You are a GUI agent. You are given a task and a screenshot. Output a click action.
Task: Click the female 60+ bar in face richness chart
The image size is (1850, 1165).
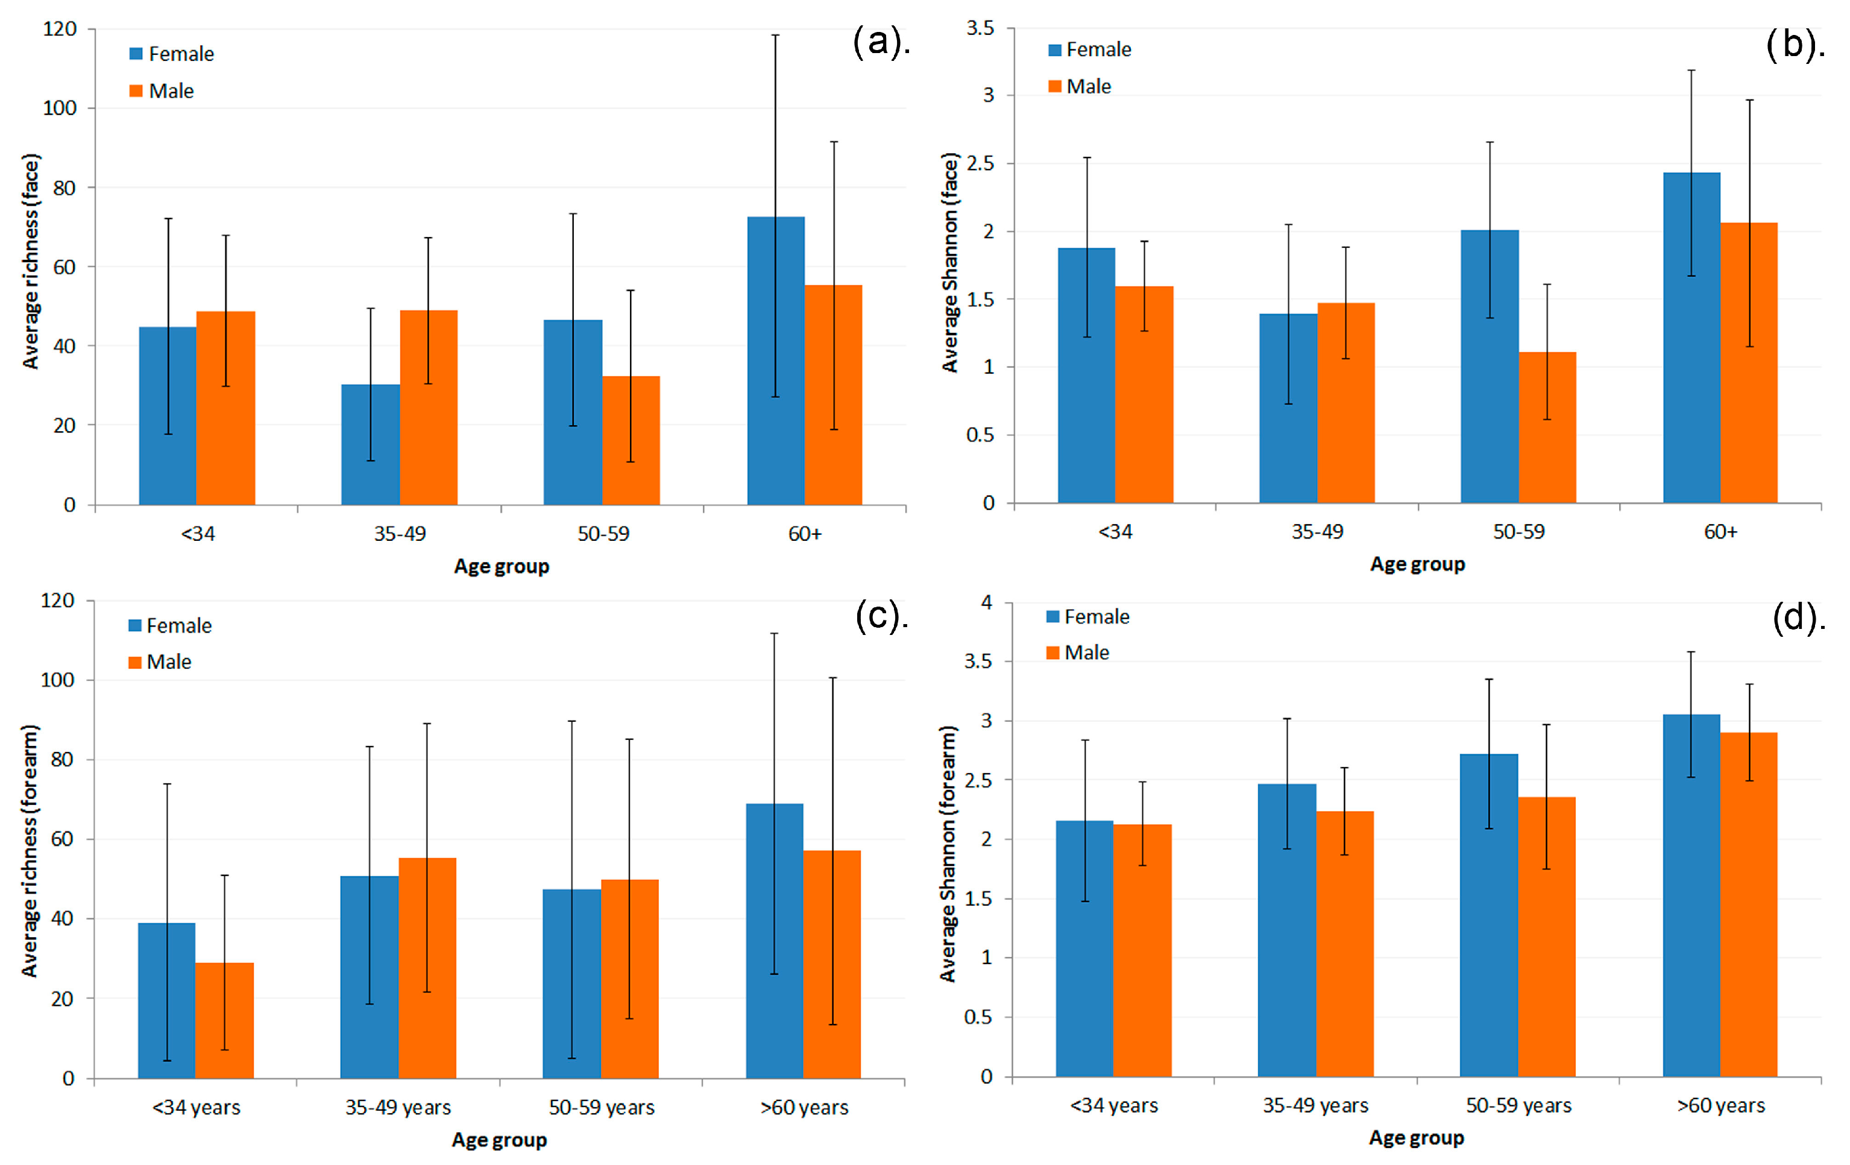(x=776, y=361)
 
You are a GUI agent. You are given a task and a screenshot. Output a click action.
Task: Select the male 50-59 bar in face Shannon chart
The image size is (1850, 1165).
(x=1547, y=428)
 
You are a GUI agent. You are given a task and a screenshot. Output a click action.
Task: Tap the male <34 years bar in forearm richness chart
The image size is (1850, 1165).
(x=224, y=1020)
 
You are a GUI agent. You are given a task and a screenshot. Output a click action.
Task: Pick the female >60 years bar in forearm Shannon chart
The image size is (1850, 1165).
(x=1691, y=895)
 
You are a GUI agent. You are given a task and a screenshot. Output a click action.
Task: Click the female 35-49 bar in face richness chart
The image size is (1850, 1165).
(x=371, y=444)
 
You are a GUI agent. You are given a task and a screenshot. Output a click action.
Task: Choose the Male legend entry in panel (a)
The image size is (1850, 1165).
(x=162, y=90)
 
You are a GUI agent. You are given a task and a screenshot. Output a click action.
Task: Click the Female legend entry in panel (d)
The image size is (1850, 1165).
(x=1088, y=616)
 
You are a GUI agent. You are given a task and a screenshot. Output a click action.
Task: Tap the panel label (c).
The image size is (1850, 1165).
(x=881, y=616)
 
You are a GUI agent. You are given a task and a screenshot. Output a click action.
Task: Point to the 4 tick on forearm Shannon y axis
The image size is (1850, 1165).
(x=986, y=602)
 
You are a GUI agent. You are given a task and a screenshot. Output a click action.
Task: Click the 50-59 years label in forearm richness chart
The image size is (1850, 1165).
(x=602, y=1107)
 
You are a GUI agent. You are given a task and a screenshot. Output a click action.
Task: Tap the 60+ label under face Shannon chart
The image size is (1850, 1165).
(x=1721, y=532)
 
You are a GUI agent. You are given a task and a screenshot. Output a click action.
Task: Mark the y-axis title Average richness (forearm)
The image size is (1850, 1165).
(x=29, y=851)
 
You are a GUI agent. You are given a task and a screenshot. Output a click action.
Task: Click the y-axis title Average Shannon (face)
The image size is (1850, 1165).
(x=951, y=263)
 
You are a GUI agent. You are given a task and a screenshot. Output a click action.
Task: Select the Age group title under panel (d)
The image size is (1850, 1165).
(x=1417, y=1138)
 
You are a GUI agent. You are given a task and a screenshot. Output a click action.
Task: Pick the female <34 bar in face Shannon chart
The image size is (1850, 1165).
(x=1086, y=375)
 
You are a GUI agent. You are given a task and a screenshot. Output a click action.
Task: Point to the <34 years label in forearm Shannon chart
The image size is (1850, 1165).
(x=1114, y=1105)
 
